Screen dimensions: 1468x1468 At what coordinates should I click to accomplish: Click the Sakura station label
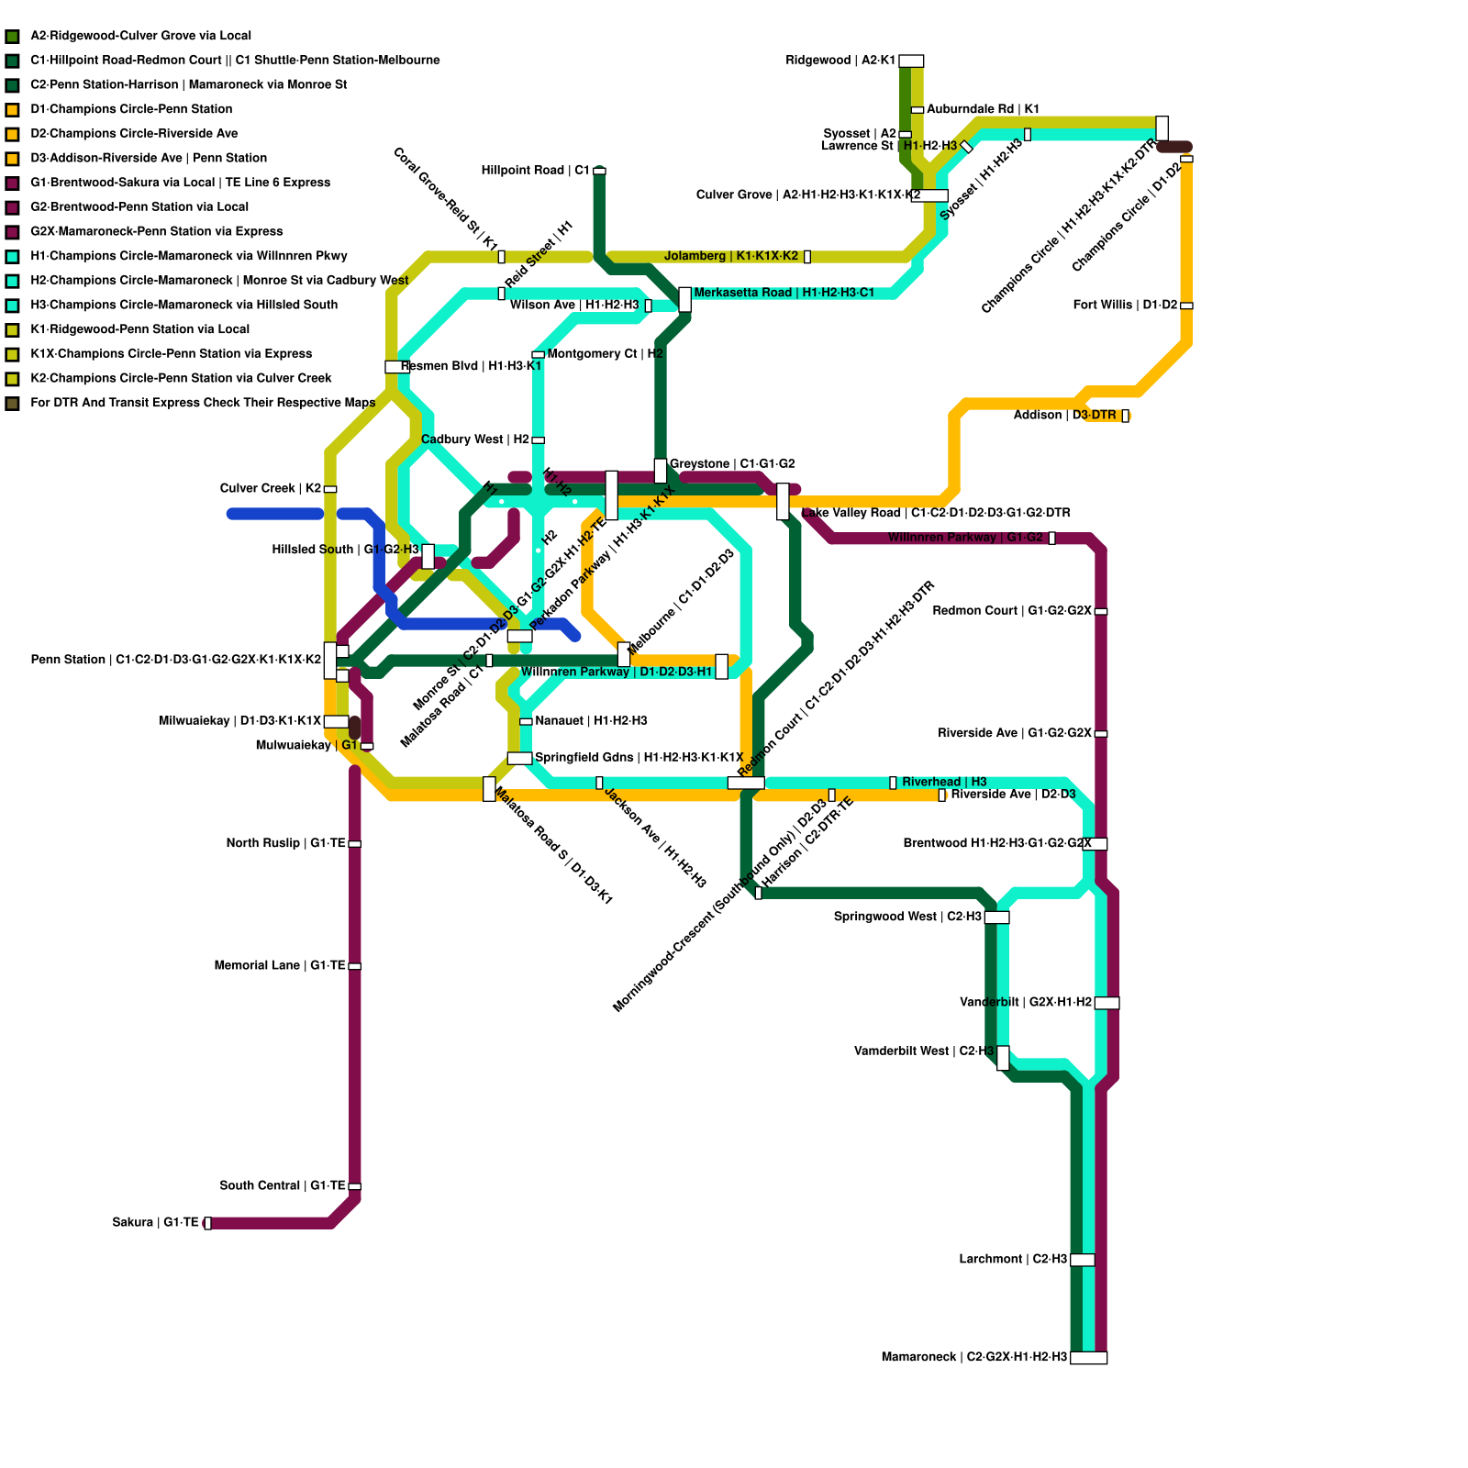[x=155, y=1222]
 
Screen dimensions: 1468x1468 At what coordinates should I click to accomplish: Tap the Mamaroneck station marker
[x=1088, y=1357]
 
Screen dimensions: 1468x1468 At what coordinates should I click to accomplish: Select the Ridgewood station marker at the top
[x=911, y=61]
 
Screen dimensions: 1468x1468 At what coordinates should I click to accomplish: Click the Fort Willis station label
[x=1125, y=305]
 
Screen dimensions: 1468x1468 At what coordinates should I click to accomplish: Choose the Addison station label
[x=1064, y=416]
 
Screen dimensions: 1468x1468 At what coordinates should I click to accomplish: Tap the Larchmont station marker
[x=1083, y=1260]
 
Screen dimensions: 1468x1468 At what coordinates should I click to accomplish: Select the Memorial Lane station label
[x=280, y=965]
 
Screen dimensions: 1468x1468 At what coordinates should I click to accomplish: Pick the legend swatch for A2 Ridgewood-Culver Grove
[x=12, y=36]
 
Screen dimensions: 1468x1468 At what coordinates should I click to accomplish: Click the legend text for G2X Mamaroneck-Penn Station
[x=156, y=231]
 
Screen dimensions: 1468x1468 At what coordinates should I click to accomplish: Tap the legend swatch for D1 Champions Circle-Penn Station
[x=12, y=109]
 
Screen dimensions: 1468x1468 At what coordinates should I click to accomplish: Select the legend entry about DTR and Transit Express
[x=202, y=403]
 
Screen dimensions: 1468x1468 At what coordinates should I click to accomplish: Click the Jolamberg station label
[x=731, y=256]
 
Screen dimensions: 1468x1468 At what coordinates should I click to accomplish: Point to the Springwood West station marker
[x=996, y=917]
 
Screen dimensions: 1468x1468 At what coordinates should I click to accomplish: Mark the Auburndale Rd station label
[x=983, y=109]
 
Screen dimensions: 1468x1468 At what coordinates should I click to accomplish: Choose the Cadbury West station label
[x=475, y=439]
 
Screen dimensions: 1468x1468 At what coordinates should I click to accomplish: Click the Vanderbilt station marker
[x=1107, y=1003]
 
